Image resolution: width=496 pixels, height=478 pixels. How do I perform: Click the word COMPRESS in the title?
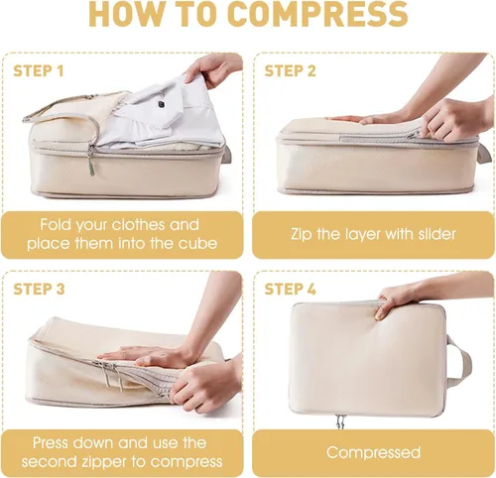pyautogui.click(x=317, y=14)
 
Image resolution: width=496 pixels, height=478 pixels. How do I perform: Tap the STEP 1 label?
pyautogui.click(x=38, y=71)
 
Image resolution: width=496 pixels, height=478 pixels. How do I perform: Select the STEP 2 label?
pyautogui.click(x=290, y=71)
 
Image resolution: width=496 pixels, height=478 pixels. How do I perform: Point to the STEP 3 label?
pyautogui.click(x=39, y=289)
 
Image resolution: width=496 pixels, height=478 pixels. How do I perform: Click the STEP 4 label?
pyautogui.click(x=290, y=289)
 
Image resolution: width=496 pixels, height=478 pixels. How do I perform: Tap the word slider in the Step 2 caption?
pyautogui.click(x=436, y=234)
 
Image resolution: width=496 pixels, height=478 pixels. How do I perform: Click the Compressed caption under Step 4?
pyautogui.click(x=373, y=452)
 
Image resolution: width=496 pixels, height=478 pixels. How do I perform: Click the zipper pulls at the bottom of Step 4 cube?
pyautogui.click(x=340, y=421)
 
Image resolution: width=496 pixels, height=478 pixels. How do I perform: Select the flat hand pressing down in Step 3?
pyautogui.click(x=147, y=355)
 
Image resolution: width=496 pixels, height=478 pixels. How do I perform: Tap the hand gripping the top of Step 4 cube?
pyautogui.click(x=404, y=300)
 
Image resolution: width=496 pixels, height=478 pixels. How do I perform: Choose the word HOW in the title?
pyautogui.click(x=118, y=14)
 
